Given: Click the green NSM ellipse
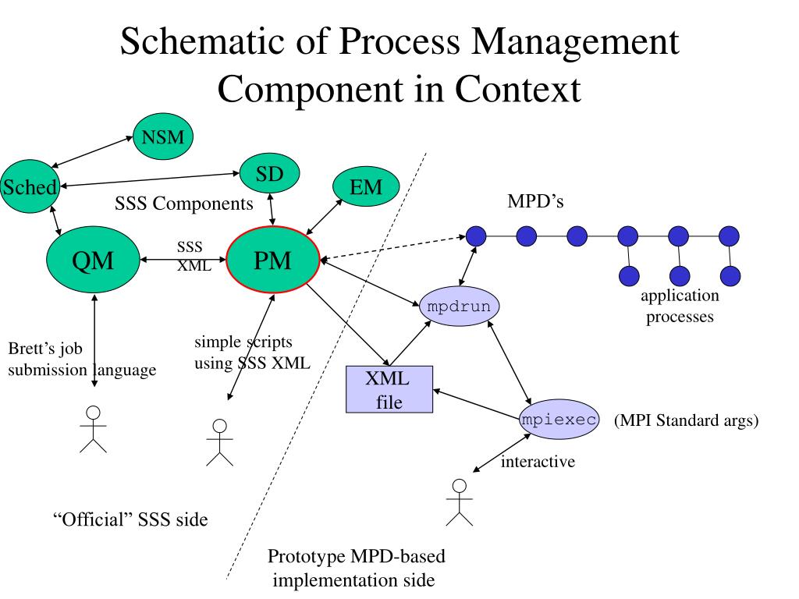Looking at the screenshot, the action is point(163,136).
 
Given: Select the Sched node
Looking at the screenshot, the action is point(30,186).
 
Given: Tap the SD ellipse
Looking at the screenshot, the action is point(269,174).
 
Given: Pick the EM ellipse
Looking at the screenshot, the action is point(366,186).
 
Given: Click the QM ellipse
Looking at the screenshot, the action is point(93,260).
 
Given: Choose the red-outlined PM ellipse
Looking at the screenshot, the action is point(272,260).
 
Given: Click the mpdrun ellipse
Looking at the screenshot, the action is point(459,306).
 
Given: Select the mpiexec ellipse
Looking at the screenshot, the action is point(559,419).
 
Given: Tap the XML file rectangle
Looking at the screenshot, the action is point(389,389).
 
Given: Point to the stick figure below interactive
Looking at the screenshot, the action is point(460,502).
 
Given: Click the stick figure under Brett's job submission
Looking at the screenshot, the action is point(94,430).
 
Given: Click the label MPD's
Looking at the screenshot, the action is point(535,201).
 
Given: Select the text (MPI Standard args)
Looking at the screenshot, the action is point(687,420).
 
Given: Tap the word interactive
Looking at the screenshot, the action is point(538,462).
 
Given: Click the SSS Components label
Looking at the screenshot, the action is point(184,204).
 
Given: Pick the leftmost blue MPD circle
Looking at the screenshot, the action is point(476,236).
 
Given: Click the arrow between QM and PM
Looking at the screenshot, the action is point(183,260).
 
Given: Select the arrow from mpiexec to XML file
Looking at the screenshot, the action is point(477,405).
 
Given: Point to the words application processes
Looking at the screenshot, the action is point(680,306).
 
